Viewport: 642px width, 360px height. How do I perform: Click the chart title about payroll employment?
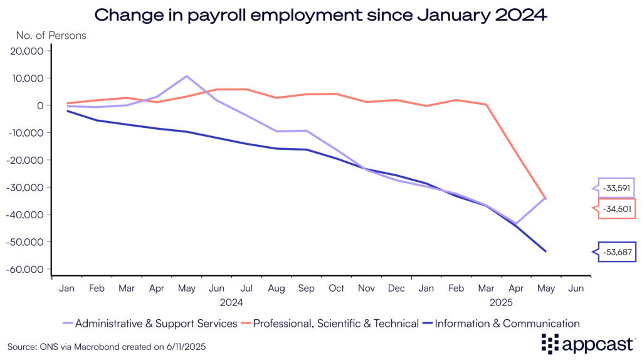pos(320,14)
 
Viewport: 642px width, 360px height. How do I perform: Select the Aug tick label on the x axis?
pos(276,289)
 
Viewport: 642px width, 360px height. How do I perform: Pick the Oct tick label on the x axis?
pos(337,289)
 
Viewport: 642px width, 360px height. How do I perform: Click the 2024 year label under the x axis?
pos(231,302)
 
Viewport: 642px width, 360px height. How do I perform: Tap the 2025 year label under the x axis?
pos(501,302)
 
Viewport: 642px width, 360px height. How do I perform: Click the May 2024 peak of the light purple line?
pos(186,76)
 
